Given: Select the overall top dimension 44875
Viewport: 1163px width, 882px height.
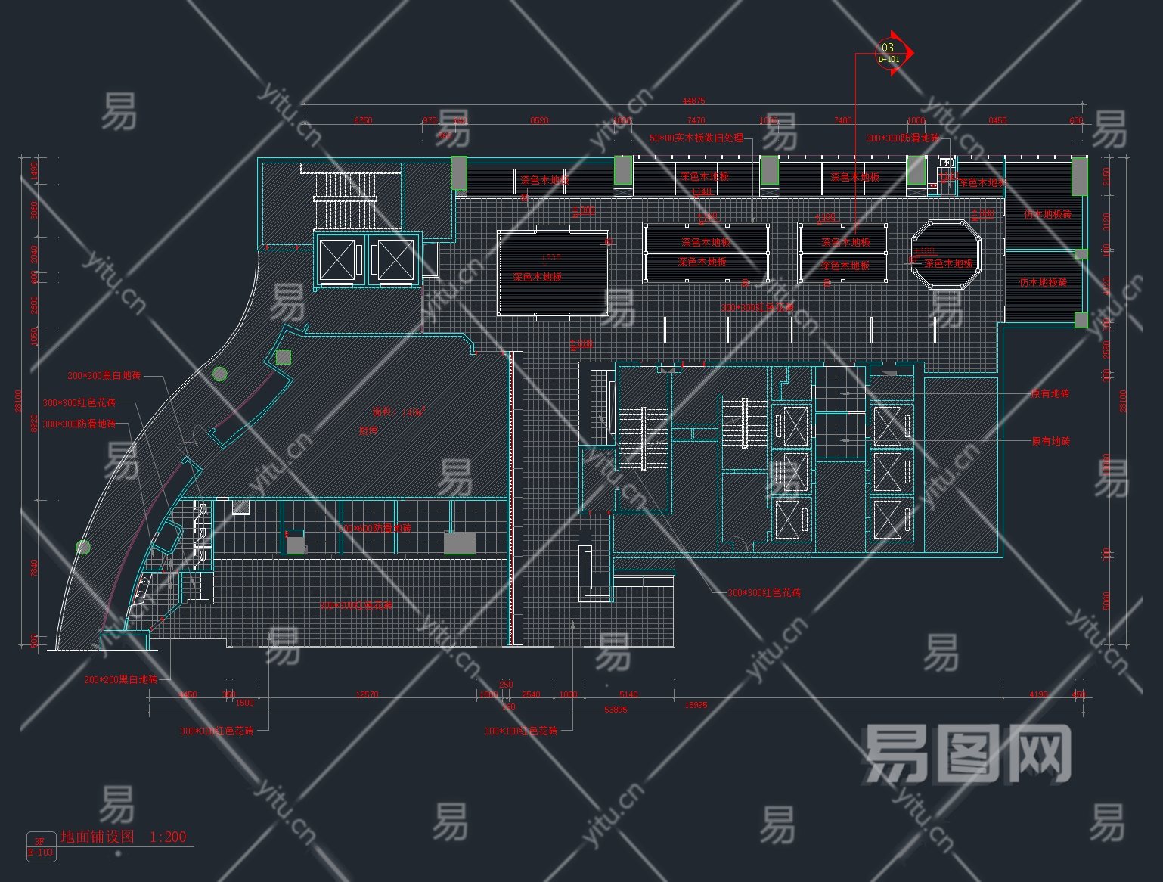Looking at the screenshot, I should (693, 101).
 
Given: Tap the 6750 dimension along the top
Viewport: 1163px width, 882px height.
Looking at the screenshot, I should (363, 120).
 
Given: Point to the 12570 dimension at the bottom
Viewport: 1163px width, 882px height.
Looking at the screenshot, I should (367, 694).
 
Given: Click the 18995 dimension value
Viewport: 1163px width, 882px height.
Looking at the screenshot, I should (696, 705).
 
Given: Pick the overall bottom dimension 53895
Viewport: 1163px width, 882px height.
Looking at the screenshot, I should (616, 710).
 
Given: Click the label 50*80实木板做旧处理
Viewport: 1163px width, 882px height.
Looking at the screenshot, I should (696, 138).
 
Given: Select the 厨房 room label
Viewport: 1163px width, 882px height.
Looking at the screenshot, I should (368, 430).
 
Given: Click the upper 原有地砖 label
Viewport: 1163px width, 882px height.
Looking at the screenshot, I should (1050, 394).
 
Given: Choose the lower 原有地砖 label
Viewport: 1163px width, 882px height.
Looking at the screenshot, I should (1050, 441).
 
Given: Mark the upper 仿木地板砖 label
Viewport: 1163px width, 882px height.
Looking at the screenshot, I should (1047, 214).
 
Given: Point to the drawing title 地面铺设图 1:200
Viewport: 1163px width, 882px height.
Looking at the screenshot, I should (123, 837).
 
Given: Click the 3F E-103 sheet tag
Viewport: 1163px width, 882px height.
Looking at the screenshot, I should (41, 846).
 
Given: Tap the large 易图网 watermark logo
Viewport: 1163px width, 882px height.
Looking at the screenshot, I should (968, 753).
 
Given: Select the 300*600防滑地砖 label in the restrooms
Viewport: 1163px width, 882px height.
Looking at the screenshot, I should (374, 528).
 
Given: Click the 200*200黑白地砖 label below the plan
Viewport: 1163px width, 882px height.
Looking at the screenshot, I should (120, 680).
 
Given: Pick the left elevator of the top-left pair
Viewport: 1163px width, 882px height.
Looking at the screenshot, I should (337, 259).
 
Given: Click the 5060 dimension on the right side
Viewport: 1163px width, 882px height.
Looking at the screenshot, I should (1106, 601).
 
